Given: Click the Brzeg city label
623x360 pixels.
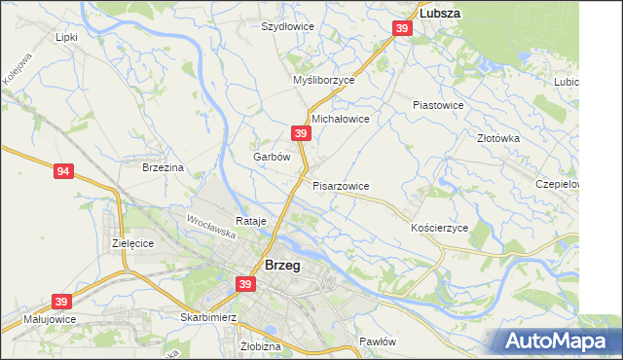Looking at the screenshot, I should point(282,265).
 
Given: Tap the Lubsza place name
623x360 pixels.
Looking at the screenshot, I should point(439,14).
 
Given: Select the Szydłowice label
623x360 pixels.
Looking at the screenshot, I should point(287,26).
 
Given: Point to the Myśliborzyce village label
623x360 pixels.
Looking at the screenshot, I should point(324,81).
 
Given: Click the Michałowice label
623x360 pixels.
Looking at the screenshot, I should point(340,118).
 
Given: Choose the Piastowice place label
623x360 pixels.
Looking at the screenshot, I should point(438,104).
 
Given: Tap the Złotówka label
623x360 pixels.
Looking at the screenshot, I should point(499,138).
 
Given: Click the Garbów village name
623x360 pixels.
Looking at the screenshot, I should point(272,156).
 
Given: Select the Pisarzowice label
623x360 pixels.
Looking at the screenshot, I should point(341,185).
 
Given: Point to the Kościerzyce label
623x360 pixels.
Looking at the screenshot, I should point(439,227).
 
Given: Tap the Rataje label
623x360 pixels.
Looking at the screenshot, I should point(251,221).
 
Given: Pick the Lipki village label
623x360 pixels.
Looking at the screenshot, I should point(66,37).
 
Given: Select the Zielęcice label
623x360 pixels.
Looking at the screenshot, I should point(133,243).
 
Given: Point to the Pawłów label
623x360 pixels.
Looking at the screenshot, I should point(378,342).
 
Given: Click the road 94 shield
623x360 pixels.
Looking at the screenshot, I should point(63,172).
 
